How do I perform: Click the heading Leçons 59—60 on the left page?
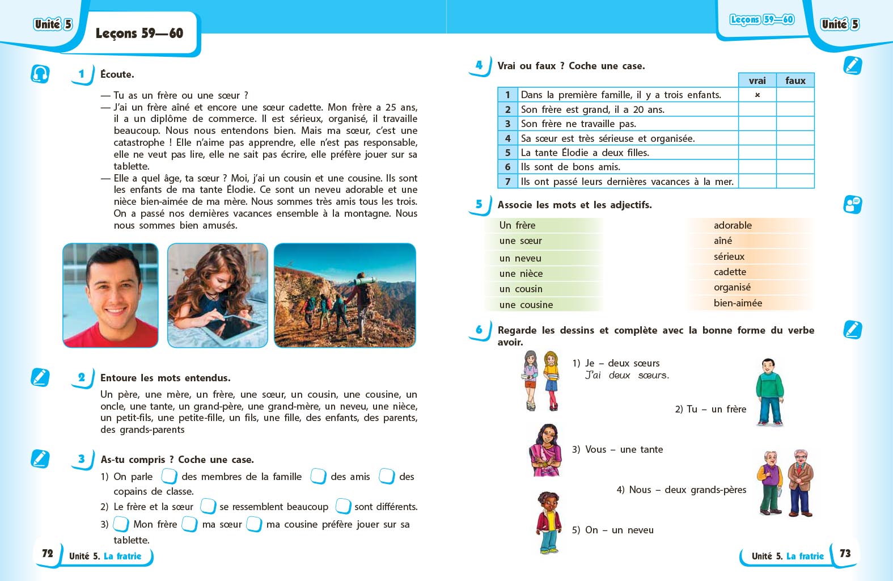tap(139, 33)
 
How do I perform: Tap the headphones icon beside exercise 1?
tap(40, 74)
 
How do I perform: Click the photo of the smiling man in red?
tap(111, 295)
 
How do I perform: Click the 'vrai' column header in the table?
tap(757, 81)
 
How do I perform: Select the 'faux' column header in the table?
tap(795, 81)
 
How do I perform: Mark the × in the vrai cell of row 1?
tap(757, 95)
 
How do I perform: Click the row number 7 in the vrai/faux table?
tap(507, 182)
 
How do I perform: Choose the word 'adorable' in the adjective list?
tap(733, 225)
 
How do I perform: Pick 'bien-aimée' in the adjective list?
tap(738, 303)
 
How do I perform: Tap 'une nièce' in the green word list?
tap(521, 273)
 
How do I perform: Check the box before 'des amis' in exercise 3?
tap(318, 476)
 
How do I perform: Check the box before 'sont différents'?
tap(343, 506)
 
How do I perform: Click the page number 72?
tap(48, 553)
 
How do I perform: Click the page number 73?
tap(845, 553)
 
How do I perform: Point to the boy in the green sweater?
tap(769, 391)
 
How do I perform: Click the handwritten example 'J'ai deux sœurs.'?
tap(627, 375)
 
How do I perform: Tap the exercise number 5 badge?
tap(479, 204)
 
